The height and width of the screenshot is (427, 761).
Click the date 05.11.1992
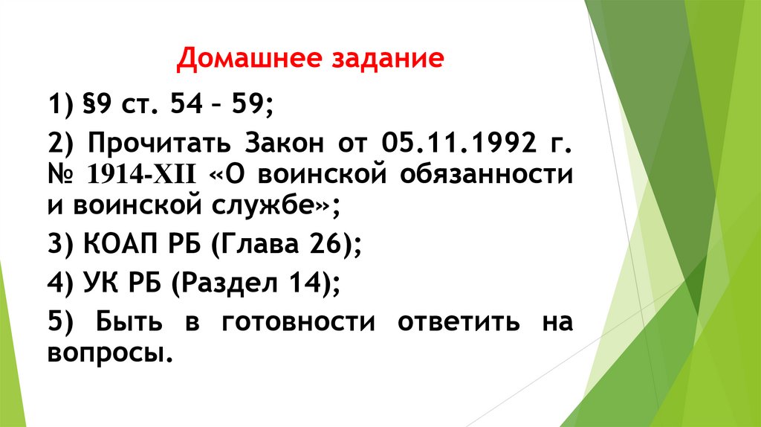point(458,141)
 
